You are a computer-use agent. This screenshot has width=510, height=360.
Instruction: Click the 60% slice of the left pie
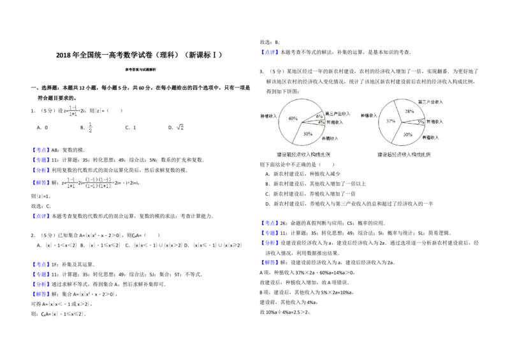pyautogui.click(x=291, y=119)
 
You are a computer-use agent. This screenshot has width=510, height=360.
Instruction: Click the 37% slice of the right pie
pyautogui.click(x=390, y=121)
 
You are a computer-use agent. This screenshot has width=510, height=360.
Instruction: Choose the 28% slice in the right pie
pyautogui.click(x=409, y=112)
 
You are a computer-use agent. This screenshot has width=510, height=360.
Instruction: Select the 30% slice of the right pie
pyautogui.click(x=408, y=134)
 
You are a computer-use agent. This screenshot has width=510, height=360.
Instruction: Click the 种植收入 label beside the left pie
pyautogui.click(x=269, y=117)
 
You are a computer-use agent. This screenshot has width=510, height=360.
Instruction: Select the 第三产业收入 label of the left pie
pyautogui.click(x=338, y=113)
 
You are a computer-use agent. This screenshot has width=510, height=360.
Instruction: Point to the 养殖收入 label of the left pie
pyautogui.click(x=330, y=138)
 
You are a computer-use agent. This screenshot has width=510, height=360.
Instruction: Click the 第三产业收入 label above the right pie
pyautogui.click(x=430, y=102)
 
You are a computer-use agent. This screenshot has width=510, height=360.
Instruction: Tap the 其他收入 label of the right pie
pyautogui.click(x=435, y=121)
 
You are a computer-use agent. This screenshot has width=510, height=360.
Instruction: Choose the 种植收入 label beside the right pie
pyautogui.click(x=369, y=116)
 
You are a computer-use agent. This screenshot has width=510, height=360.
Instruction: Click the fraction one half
pyautogui.click(x=90, y=127)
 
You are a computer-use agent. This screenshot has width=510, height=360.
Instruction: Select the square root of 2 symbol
pyautogui.click(x=178, y=127)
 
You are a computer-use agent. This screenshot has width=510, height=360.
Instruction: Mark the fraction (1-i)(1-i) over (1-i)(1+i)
pyautogui.click(x=99, y=183)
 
